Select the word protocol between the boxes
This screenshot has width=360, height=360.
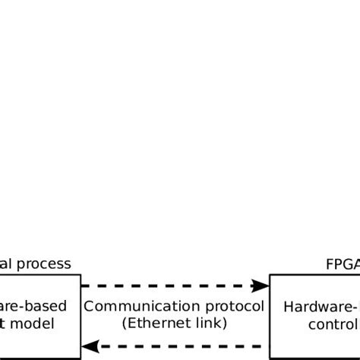point(239,308)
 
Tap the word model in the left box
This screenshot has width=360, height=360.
point(35,324)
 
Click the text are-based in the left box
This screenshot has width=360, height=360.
point(33,307)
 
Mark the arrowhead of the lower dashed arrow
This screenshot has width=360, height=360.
point(90,346)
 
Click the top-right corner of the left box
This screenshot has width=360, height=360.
point(80,275)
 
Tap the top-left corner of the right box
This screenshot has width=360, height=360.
point(270,275)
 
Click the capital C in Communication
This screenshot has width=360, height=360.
point(88,308)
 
